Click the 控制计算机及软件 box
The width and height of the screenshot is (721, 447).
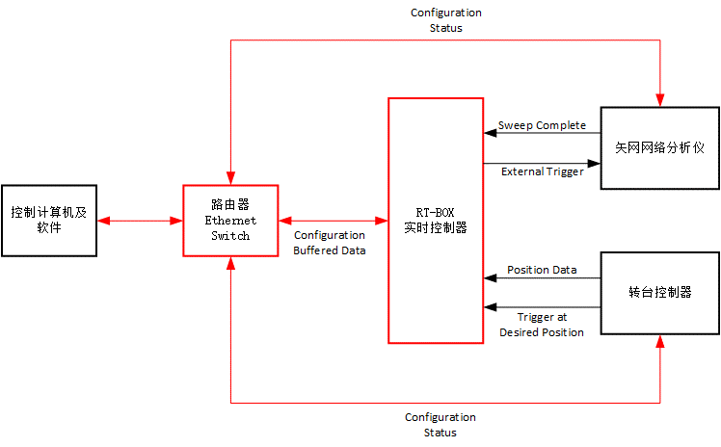click(49, 221)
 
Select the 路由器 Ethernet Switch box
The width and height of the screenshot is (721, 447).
click(230, 221)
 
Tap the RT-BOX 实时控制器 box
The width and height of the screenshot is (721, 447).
click(436, 221)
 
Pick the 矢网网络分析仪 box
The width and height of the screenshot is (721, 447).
click(660, 147)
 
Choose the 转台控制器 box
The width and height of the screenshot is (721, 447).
click(660, 293)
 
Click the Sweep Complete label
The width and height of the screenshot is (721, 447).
click(542, 125)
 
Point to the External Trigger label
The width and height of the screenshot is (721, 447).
click(542, 171)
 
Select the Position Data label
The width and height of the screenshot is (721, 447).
click(542, 270)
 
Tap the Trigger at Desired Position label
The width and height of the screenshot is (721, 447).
click(542, 325)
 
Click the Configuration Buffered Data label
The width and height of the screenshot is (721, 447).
click(330, 242)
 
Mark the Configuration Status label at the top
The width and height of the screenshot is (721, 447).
click(445, 20)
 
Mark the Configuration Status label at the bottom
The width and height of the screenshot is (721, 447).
click(440, 425)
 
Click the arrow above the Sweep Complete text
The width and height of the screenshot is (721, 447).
click(542, 134)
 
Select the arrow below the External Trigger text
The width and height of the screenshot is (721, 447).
click(542, 163)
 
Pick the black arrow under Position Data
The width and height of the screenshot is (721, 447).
click(542, 279)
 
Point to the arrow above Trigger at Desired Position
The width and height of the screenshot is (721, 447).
click(542, 308)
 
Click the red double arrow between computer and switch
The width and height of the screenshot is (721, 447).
click(140, 221)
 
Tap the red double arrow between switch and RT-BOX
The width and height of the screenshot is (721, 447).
click(333, 221)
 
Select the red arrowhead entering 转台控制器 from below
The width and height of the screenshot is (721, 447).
click(660, 341)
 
